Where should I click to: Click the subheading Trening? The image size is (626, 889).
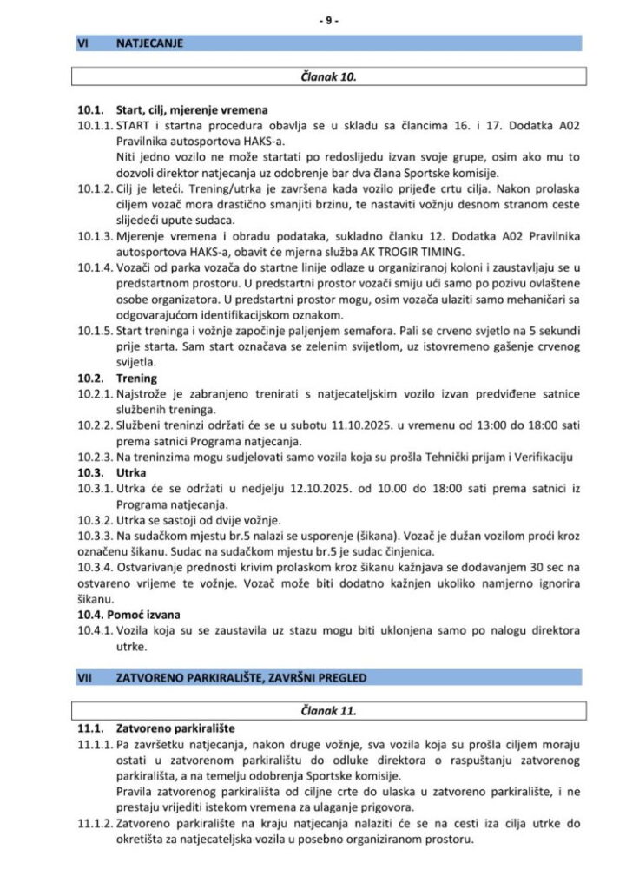click(137, 379)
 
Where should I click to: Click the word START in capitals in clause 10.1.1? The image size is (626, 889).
click(135, 126)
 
